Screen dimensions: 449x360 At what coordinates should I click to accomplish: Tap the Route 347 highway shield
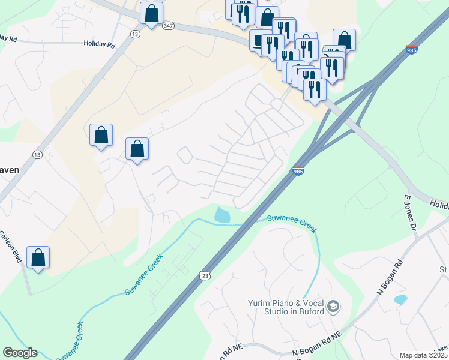tap(169, 25)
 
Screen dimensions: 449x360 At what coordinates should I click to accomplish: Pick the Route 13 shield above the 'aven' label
tap(37, 155)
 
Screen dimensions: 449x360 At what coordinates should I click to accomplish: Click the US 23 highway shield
tap(205, 274)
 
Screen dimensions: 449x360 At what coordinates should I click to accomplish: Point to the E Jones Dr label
tap(410, 212)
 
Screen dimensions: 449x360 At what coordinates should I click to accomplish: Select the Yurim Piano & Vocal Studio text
tap(286, 307)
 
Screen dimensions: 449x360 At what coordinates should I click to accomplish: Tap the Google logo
tap(20, 353)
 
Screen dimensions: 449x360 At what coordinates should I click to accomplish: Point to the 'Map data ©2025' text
tap(423, 355)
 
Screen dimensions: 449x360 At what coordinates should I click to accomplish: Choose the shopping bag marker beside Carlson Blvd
tap(38, 257)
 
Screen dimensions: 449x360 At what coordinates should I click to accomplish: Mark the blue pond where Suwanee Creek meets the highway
tap(221, 214)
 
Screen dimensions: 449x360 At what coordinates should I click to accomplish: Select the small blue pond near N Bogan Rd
tap(399, 299)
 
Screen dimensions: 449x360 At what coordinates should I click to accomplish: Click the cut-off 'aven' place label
tap(10, 170)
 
